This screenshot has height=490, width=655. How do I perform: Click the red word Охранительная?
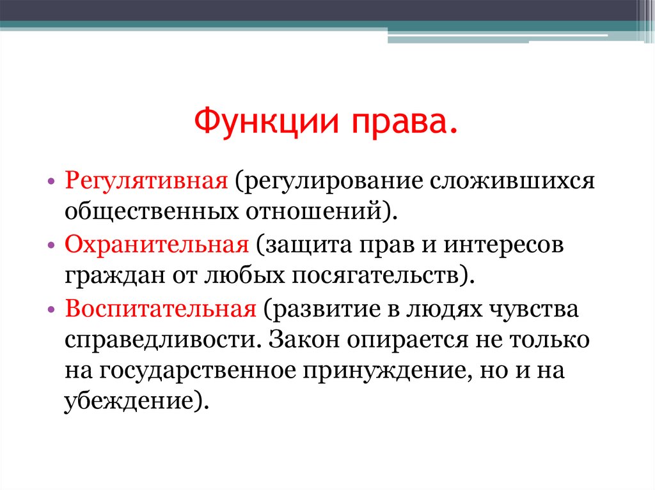point(157,245)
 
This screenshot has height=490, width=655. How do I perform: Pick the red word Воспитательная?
point(161,309)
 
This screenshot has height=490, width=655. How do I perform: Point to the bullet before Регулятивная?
point(51,183)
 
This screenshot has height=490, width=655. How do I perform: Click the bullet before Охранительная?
point(51,246)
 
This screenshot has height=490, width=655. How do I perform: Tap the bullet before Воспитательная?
point(51,310)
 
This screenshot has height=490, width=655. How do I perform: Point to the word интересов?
point(503,246)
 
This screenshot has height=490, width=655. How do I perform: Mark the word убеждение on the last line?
point(129,401)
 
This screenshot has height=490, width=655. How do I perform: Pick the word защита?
point(309,246)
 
